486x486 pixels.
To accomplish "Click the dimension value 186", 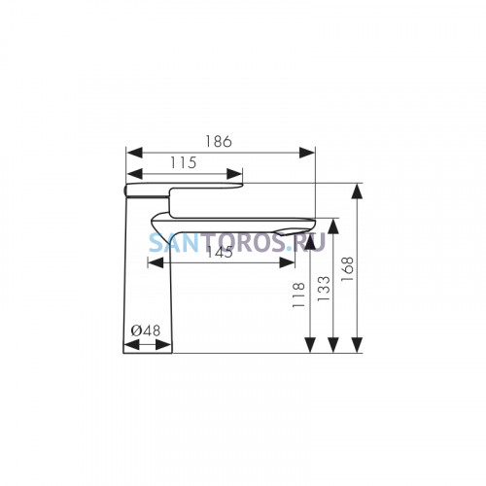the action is click(219, 142).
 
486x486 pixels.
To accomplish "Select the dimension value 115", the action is click(184, 162).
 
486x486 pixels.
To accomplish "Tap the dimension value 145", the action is click(220, 252).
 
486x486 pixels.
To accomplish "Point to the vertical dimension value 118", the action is click(298, 295).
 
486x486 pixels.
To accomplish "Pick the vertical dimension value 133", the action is click(324, 289).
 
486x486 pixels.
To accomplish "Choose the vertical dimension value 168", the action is click(348, 269).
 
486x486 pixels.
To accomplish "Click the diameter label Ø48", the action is click(146, 330).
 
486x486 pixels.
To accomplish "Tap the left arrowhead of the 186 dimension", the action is click(134, 153).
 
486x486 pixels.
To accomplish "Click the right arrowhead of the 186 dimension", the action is click(307, 153).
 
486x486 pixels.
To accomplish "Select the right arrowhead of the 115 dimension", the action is click(234, 174).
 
